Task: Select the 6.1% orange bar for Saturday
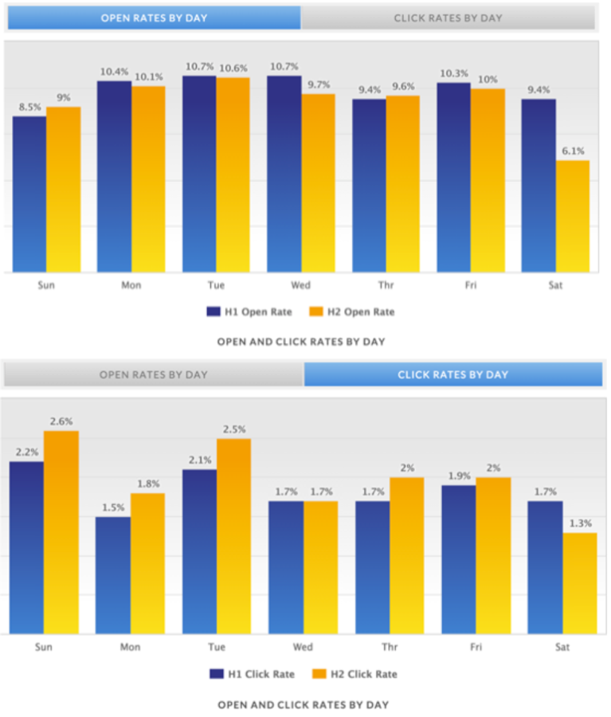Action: click(572, 216)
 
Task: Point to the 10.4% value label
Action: click(114, 72)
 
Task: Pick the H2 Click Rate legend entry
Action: click(358, 674)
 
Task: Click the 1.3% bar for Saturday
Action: click(579, 583)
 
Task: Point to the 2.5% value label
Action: click(233, 429)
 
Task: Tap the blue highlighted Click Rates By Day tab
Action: click(452, 374)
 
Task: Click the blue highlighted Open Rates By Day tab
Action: click(154, 18)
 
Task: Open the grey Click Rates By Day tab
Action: click(448, 18)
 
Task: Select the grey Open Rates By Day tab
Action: click(154, 374)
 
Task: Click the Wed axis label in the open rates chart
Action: click(300, 284)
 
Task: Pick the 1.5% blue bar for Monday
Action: click(112, 575)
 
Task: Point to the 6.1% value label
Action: click(573, 151)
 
